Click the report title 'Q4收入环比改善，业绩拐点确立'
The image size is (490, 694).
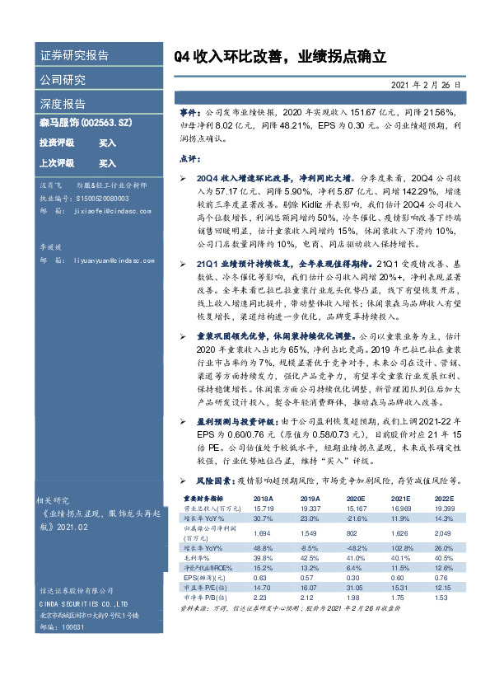click(280, 58)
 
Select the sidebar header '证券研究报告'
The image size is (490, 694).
click(74, 56)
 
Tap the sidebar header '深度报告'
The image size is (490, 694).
click(63, 104)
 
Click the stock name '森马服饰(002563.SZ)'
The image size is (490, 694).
click(84, 122)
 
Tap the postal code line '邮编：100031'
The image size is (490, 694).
click(63, 627)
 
